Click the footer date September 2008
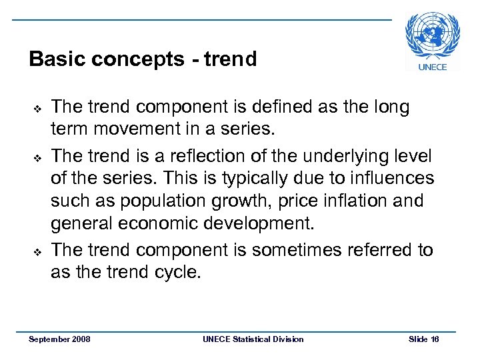coord(60,339)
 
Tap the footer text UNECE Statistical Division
coord(253,339)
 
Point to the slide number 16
coord(435,339)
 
